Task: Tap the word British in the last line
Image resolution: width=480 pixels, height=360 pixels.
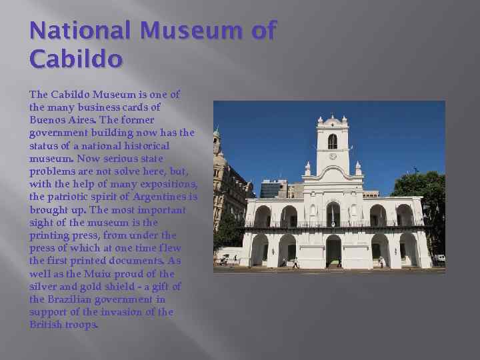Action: coord(45,324)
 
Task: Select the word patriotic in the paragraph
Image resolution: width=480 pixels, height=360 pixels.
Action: coord(69,197)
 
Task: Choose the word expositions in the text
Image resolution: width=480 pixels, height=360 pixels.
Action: coord(171,184)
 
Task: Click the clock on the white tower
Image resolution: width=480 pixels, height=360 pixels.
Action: coord(332,156)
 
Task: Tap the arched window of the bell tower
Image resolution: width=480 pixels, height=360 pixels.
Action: coord(332,141)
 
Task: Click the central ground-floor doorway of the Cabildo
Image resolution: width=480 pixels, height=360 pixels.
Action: coord(333,251)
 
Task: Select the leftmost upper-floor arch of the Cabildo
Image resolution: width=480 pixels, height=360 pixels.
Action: coord(263,215)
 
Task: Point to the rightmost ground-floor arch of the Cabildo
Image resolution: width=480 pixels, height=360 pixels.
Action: coord(408,249)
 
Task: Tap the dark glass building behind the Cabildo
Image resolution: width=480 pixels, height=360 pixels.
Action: coord(272,189)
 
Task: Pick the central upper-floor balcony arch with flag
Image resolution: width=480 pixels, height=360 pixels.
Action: coord(333,214)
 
